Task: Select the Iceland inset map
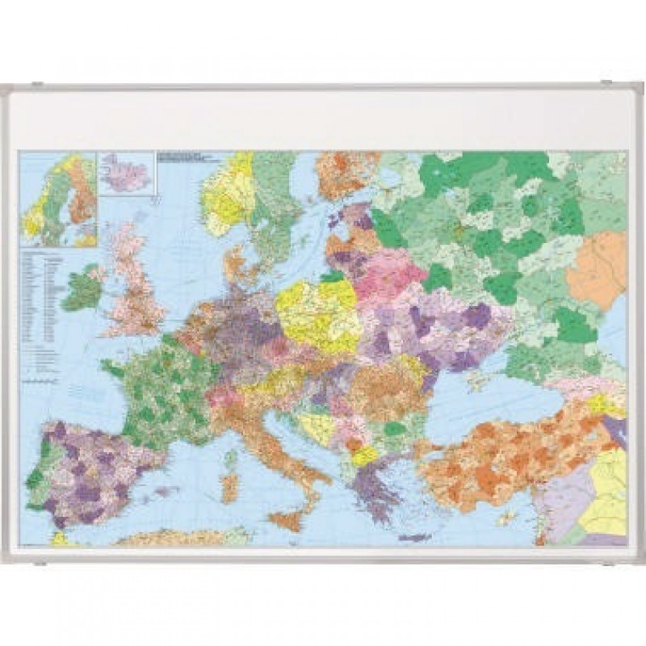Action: click(x=126, y=173)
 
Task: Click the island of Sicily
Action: click(x=287, y=520)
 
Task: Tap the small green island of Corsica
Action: click(x=232, y=458)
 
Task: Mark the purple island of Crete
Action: click(x=413, y=537)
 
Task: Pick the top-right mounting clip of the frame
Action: click(x=607, y=83)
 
